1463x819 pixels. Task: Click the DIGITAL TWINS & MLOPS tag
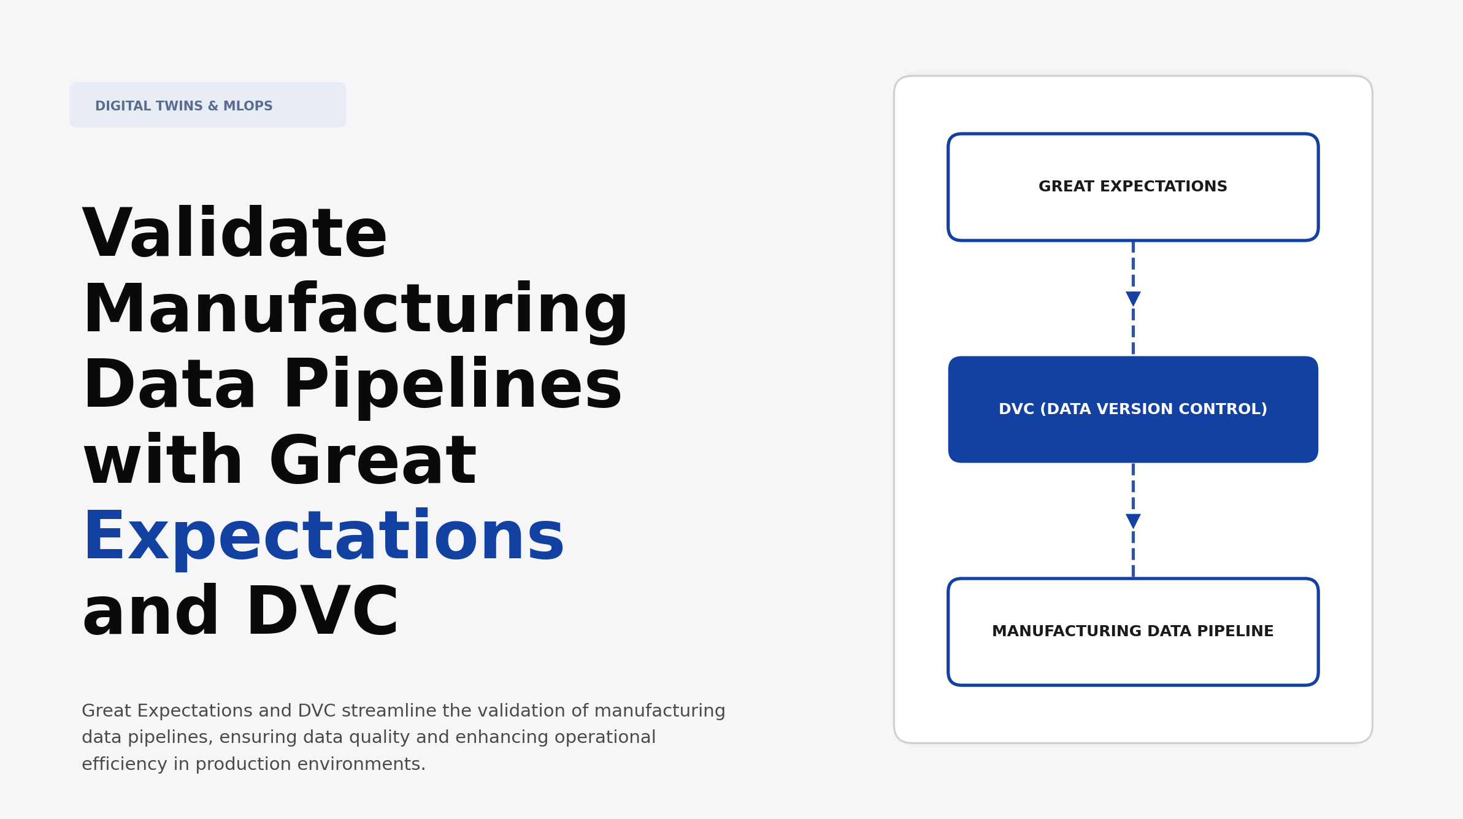click(207, 106)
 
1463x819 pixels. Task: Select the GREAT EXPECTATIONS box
click(1132, 187)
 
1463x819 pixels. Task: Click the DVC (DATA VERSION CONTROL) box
click(1132, 409)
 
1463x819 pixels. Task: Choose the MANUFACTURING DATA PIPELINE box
click(1132, 632)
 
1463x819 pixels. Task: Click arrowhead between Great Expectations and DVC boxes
click(1133, 299)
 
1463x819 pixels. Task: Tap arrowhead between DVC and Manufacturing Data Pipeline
click(1133, 521)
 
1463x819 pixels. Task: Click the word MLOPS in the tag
click(248, 106)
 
